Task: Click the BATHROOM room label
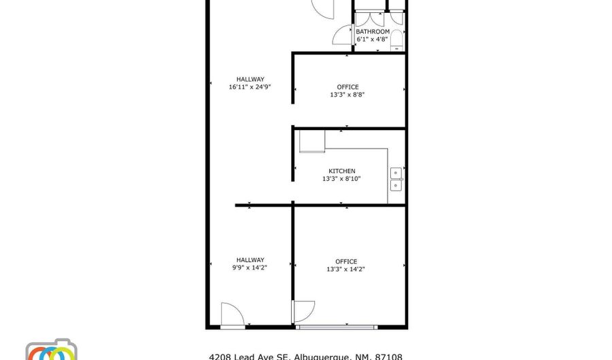click(x=373, y=31)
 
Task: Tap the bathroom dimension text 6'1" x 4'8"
click(x=373, y=39)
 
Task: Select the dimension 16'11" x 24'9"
click(x=250, y=87)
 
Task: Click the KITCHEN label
click(x=341, y=171)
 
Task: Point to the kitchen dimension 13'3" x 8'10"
click(x=341, y=179)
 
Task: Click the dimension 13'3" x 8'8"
click(x=347, y=95)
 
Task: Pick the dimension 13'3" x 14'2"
click(x=346, y=269)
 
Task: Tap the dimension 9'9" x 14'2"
click(x=250, y=267)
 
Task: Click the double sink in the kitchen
click(x=396, y=179)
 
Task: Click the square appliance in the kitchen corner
click(x=312, y=141)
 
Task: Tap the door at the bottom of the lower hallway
click(x=233, y=315)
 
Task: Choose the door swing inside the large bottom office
click(x=303, y=311)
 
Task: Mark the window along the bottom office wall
click(x=337, y=327)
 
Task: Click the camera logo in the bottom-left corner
click(x=51, y=350)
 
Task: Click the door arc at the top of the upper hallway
click(x=324, y=8)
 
